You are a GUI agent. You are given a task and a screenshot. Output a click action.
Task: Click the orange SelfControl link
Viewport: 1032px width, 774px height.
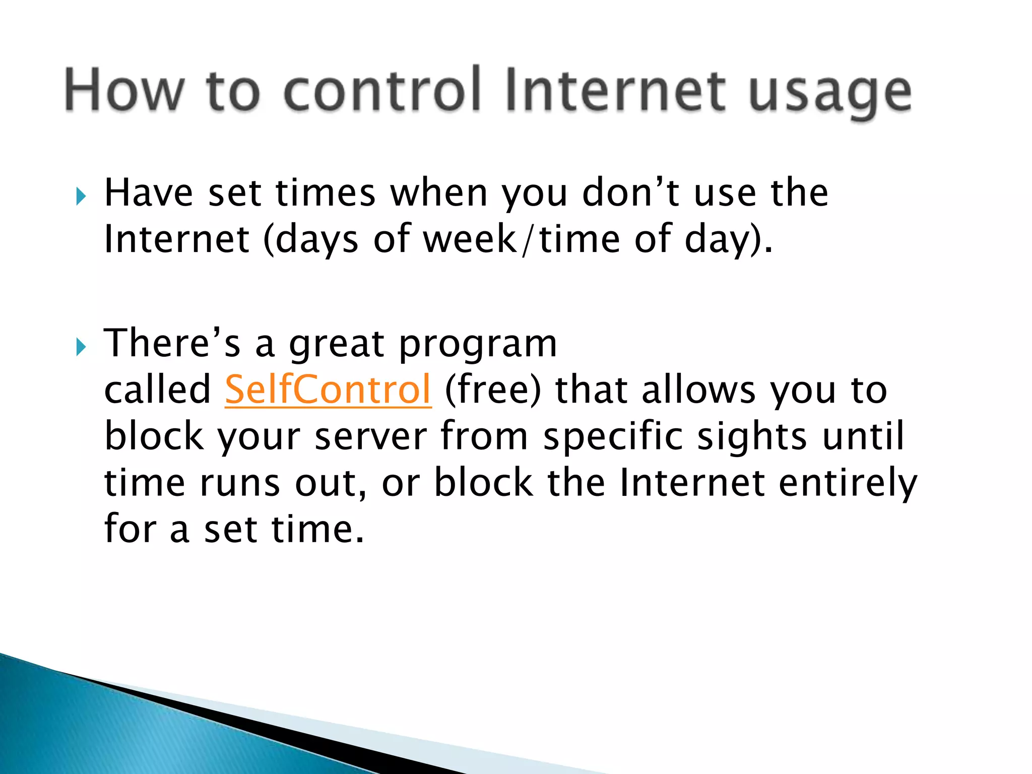(328, 390)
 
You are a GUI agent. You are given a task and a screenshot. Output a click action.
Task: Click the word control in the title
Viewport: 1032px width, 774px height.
(382, 90)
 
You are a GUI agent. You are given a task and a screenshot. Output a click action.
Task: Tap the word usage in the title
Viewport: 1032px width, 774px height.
(830, 93)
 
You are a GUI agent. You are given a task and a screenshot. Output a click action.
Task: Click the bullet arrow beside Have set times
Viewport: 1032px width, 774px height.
(81, 196)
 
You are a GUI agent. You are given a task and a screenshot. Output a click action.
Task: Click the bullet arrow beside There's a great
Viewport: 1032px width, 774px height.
(81, 347)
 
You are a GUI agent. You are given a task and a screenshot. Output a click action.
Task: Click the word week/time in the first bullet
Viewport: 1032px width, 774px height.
(522, 239)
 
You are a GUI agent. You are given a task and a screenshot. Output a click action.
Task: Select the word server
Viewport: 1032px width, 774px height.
(371, 436)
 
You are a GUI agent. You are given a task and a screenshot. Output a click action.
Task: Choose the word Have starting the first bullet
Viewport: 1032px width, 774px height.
(149, 193)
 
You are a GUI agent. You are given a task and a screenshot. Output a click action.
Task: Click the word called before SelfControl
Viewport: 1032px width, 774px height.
(157, 390)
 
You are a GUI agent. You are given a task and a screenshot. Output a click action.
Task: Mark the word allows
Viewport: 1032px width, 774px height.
(698, 390)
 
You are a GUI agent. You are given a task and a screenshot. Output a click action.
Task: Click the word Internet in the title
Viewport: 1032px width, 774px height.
(615, 90)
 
